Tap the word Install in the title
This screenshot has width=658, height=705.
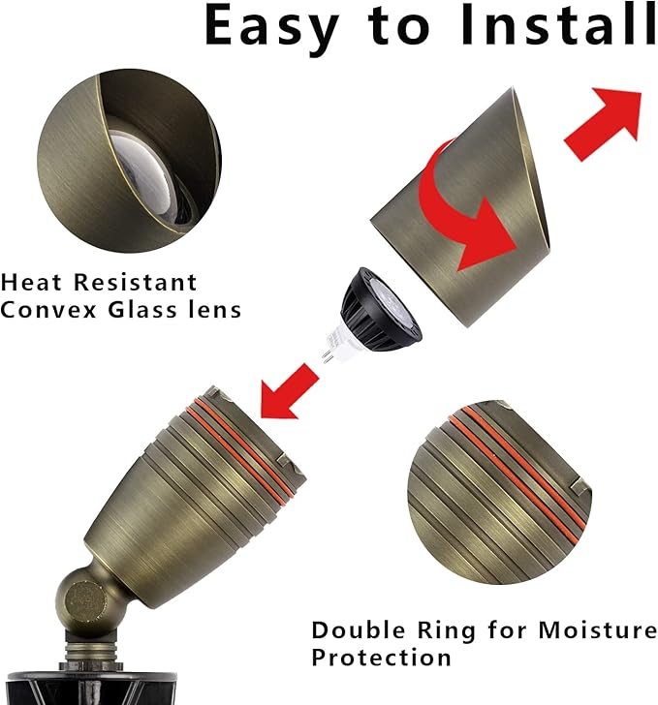click(x=559, y=28)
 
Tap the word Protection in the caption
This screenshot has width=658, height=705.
click(x=381, y=658)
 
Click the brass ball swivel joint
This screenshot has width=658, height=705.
click(x=81, y=600)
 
